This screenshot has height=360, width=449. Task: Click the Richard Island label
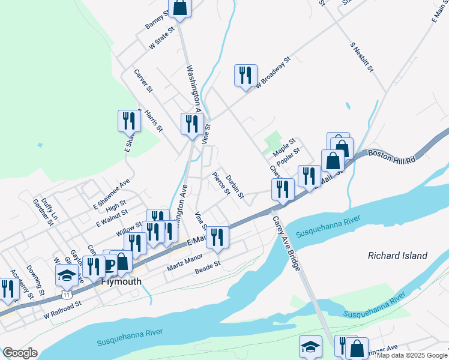(x=397, y=256)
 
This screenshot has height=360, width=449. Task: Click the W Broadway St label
(x=273, y=73)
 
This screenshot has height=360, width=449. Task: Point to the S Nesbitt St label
(x=362, y=57)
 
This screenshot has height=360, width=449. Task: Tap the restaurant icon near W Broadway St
(x=246, y=76)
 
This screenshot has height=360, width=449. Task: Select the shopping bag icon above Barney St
(x=179, y=7)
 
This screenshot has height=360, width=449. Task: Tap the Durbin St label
(x=235, y=187)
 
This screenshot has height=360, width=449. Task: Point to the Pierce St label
(x=221, y=184)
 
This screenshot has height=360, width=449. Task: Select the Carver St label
(x=143, y=81)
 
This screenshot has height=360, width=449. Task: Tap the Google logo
(x=20, y=353)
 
